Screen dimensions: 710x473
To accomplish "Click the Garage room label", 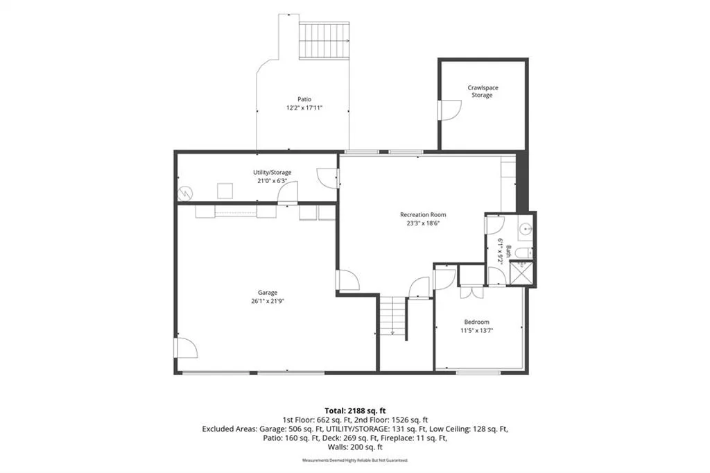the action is [x=268, y=293].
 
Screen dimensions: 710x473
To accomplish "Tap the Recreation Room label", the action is [x=423, y=215].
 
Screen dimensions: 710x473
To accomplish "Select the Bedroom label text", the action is [x=476, y=322].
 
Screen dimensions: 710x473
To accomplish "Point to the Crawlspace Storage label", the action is [x=483, y=92].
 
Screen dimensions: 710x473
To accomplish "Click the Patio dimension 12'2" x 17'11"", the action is [x=304, y=108].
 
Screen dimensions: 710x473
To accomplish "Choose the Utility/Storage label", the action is [x=272, y=172].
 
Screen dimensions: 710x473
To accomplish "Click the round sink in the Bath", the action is [x=526, y=229].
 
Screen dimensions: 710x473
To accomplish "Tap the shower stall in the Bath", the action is [x=522, y=273].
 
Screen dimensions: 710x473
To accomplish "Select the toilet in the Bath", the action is [x=524, y=253].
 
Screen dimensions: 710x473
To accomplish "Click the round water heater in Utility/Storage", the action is [x=185, y=193].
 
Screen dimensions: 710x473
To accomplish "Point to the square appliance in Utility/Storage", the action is [x=225, y=191].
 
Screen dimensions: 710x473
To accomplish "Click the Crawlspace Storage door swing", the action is [x=449, y=110].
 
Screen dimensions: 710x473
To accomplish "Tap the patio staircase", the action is [x=324, y=40].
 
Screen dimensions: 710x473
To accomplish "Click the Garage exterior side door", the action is [x=186, y=348].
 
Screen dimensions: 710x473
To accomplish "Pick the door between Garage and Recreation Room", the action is [x=348, y=280].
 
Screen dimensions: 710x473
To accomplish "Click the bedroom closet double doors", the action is [x=471, y=292].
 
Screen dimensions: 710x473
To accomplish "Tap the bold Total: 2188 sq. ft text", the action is [x=355, y=411].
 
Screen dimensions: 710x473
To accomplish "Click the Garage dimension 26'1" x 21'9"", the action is [x=268, y=301].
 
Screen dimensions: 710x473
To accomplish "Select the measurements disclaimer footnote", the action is [x=355, y=461].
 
